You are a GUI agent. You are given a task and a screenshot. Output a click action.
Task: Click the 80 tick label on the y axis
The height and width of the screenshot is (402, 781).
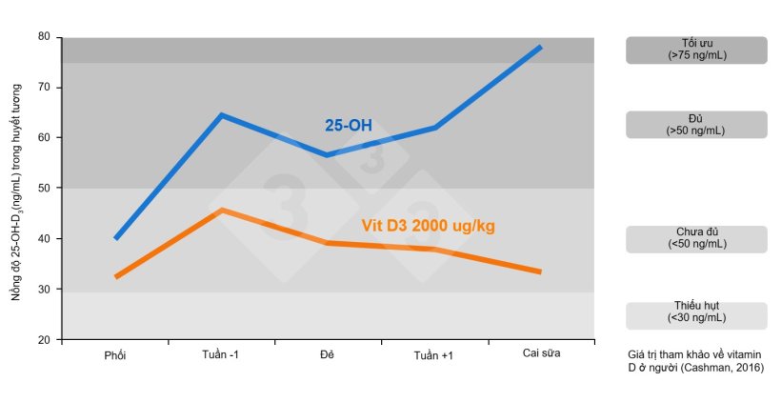tap(44, 36)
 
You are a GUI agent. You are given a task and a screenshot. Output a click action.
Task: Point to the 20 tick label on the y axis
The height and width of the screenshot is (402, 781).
tap(44, 339)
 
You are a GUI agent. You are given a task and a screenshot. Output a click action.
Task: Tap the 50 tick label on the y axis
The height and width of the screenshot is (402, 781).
tap(44, 188)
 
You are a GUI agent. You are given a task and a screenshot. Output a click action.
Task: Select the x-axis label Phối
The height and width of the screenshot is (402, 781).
tap(115, 354)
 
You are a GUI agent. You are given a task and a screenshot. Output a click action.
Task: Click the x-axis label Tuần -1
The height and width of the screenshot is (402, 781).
tap(221, 354)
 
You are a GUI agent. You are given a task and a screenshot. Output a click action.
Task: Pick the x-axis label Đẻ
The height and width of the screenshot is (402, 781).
tap(327, 354)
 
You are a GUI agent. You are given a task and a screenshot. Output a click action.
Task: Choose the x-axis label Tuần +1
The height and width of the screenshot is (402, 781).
tap(434, 354)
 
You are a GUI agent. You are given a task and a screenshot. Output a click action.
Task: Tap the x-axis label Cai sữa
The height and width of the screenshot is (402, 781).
tap(541, 354)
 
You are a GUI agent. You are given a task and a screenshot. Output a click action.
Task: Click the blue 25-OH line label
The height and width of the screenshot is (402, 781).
tap(349, 126)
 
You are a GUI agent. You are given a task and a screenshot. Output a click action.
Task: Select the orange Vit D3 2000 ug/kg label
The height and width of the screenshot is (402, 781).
tap(429, 226)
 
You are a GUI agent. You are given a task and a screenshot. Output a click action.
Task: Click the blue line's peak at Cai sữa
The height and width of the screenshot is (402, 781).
tap(541, 47)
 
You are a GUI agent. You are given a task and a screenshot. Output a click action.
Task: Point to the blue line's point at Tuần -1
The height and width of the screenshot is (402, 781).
tap(221, 115)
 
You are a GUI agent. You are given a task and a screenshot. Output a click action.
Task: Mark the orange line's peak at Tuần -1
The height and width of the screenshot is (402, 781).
tap(221, 210)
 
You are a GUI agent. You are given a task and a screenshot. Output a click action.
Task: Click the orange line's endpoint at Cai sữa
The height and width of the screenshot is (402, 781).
tap(541, 271)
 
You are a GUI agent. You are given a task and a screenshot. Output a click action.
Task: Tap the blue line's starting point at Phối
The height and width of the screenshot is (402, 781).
tap(115, 238)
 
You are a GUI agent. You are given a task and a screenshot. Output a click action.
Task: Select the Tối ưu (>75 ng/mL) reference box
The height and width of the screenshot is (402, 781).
tap(696, 50)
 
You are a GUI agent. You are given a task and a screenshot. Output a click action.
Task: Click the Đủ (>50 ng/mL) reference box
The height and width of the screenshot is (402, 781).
tap(696, 125)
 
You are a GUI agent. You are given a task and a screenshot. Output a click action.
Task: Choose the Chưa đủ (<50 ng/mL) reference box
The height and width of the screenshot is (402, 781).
tap(696, 239)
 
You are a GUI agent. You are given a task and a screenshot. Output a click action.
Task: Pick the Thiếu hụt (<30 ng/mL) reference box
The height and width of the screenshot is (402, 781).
tap(696, 315)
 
